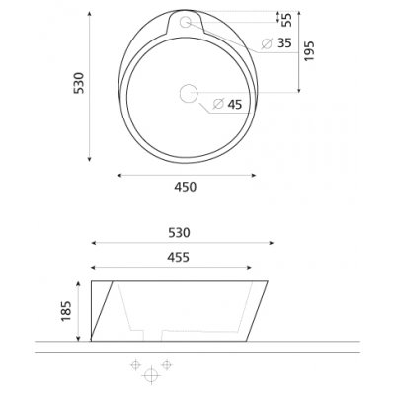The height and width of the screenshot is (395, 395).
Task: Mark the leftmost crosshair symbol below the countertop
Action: coord(133,365)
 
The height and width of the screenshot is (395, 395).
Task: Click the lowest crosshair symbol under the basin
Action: coord(151,376)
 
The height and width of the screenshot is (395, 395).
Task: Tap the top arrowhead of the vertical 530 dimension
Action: coord(89,14)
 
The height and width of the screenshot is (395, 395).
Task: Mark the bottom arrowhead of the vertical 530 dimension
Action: coord(89,159)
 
